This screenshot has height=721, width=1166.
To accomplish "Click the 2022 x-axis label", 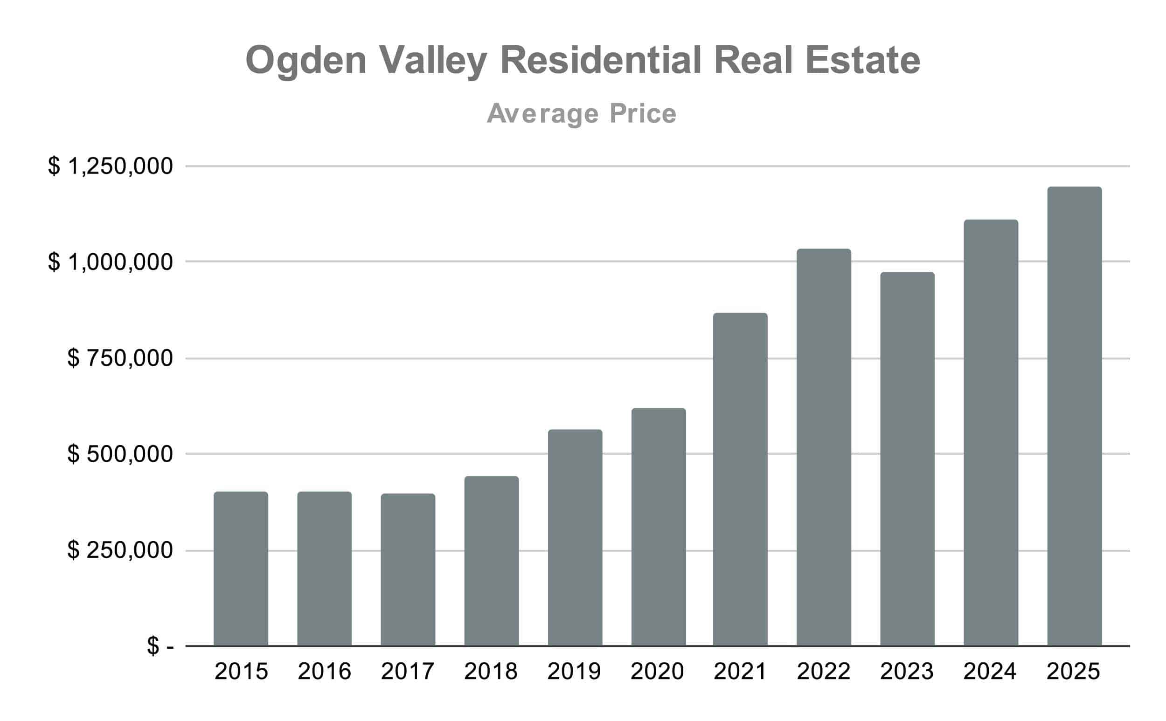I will pyautogui.click(x=824, y=672).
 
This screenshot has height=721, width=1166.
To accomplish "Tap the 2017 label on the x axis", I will pyautogui.click(x=408, y=672).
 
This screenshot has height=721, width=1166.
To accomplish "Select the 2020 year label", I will pyautogui.click(x=657, y=672).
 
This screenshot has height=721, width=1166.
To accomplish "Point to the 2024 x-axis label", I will pyautogui.click(x=990, y=672).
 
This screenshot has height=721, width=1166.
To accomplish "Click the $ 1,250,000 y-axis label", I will pyautogui.click(x=110, y=166).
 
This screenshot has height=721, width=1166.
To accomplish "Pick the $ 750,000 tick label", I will pyautogui.click(x=120, y=358).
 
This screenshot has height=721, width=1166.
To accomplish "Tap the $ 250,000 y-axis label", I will pyautogui.click(x=120, y=550).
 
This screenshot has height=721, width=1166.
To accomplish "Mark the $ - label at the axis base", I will pyautogui.click(x=160, y=646).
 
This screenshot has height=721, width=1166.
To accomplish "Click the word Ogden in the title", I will pyautogui.click(x=305, y=61).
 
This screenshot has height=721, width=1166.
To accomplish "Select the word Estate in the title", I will pyautogui.click(x=863, y=61).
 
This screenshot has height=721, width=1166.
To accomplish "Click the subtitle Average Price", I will pyautogui.click(x=582, y=113).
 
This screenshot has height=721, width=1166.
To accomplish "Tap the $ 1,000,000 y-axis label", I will pyautogui.click(x=110, y=262).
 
